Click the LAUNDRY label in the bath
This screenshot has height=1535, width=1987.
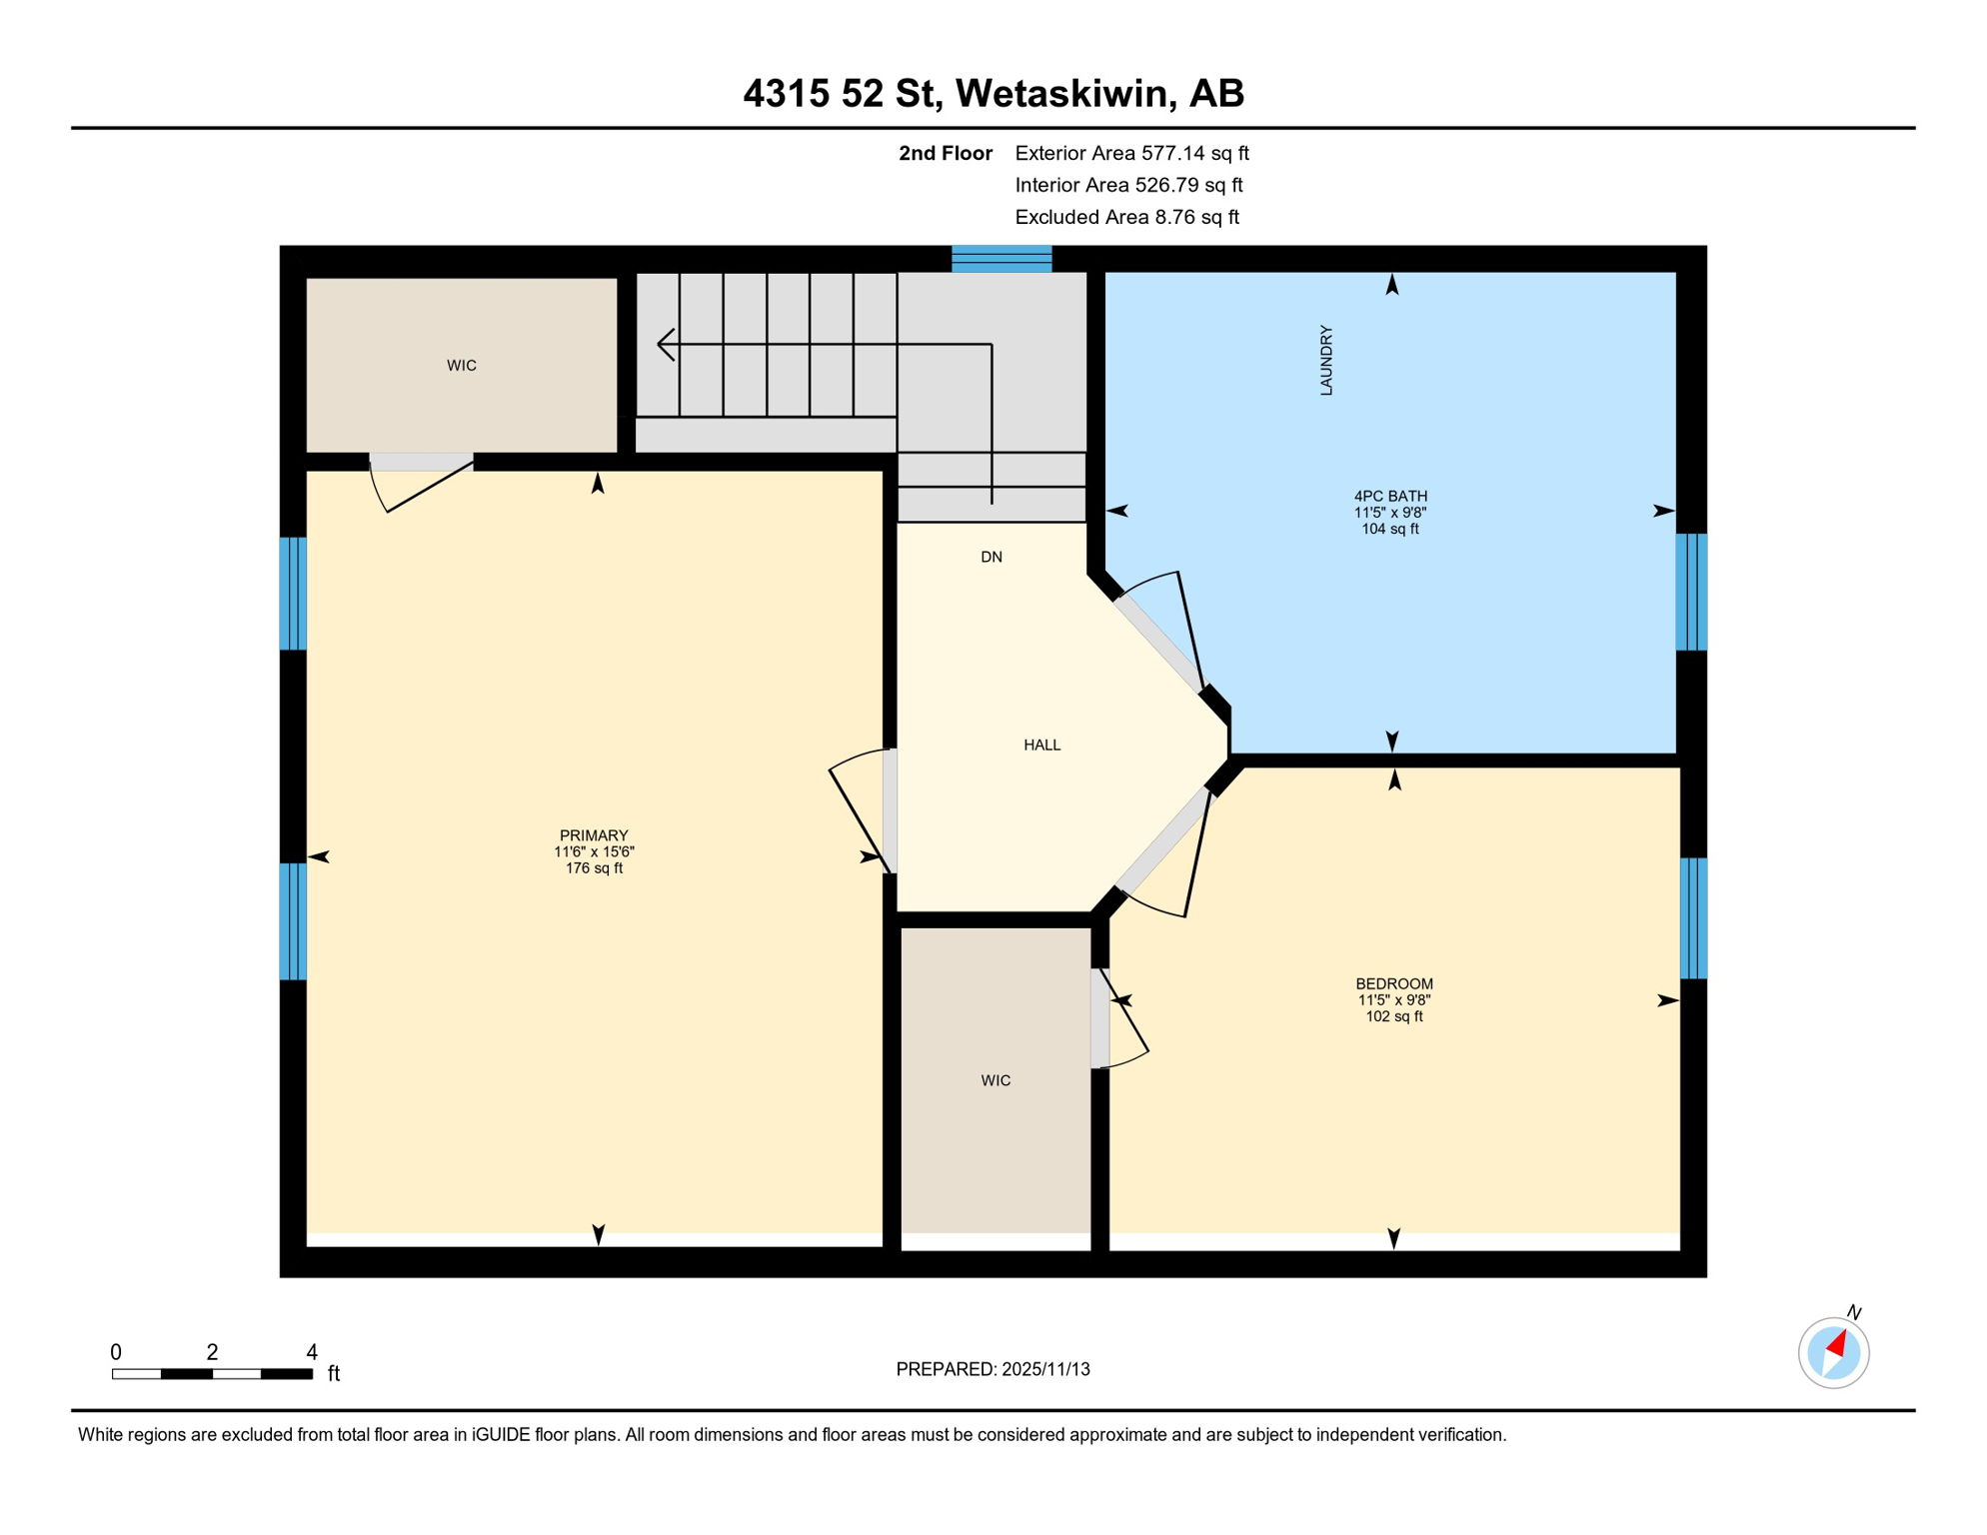tap(1326, 360)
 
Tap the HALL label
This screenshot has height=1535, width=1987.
tap(1041, 745)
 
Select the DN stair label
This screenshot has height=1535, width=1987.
tap(991, 557)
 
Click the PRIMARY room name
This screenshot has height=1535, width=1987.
tap(594, 835)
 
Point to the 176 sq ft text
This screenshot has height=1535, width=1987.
tap(594, 868)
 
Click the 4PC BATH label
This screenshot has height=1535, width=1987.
tap(1389, 496)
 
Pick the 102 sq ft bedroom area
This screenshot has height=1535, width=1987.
tap(1393, 1016)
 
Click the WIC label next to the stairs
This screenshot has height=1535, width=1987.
tap(461, 366)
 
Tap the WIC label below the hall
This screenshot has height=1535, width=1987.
tap(995, 1080)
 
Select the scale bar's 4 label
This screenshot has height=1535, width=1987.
tap(312, 1352)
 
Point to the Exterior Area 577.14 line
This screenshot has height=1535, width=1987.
tap(1131, 153)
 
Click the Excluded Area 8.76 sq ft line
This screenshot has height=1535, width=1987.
tap(1126, 217)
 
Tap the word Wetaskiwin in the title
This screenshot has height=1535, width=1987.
tap(1061, 93)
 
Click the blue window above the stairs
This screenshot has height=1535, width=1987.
tap(1001, 259)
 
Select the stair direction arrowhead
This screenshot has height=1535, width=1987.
tap(665, 344)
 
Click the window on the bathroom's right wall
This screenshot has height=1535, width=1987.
tap(1690, 592)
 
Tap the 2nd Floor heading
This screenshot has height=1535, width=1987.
tap(945, 153)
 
